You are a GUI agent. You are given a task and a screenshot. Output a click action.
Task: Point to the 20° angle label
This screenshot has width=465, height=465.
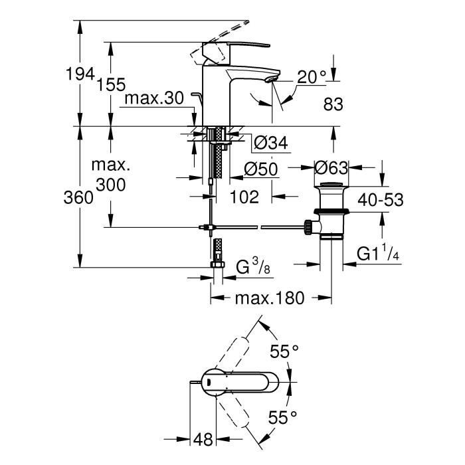point(312,78)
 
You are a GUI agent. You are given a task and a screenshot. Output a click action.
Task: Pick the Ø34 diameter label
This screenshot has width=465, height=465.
point(270,142)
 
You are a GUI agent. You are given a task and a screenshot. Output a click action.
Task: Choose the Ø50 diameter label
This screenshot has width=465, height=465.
point(262,169)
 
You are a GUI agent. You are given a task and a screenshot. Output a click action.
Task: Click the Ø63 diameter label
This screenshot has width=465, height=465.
point(331,168)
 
